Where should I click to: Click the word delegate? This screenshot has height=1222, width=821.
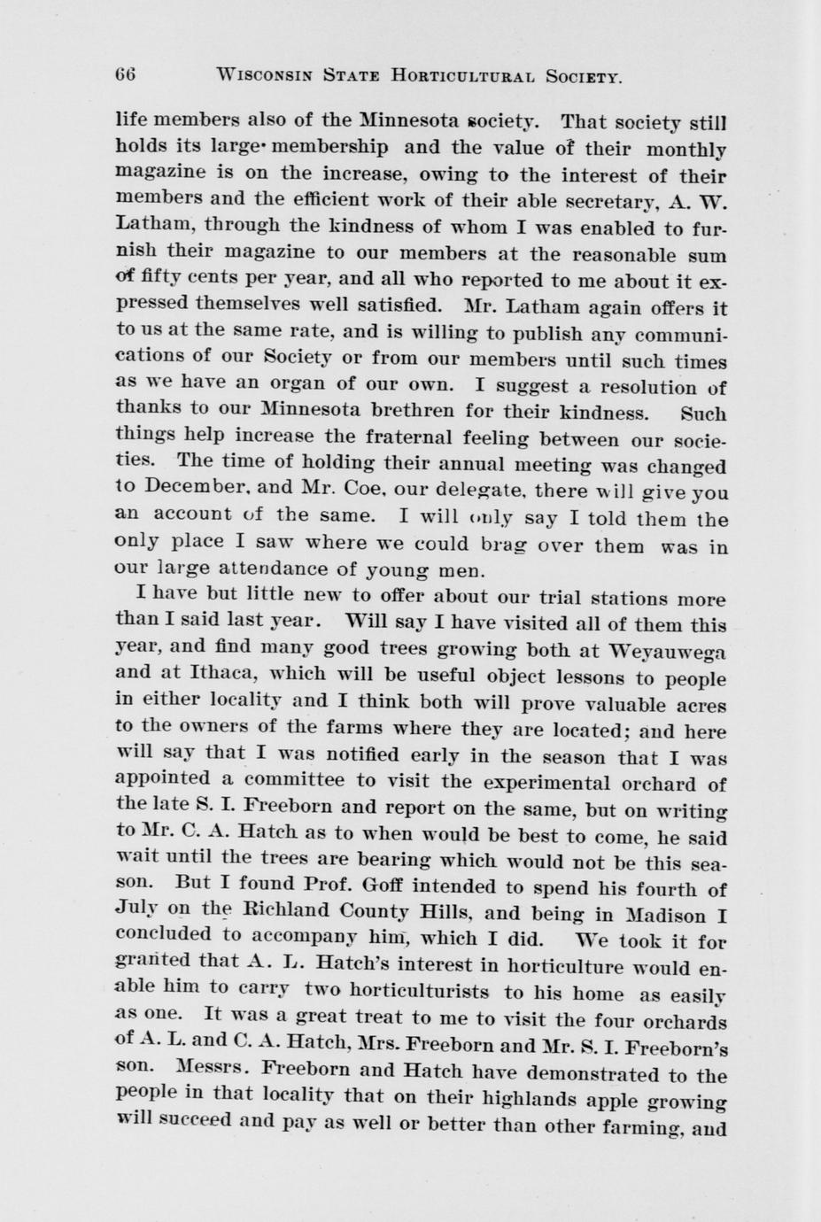click(x=482, y=491)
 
